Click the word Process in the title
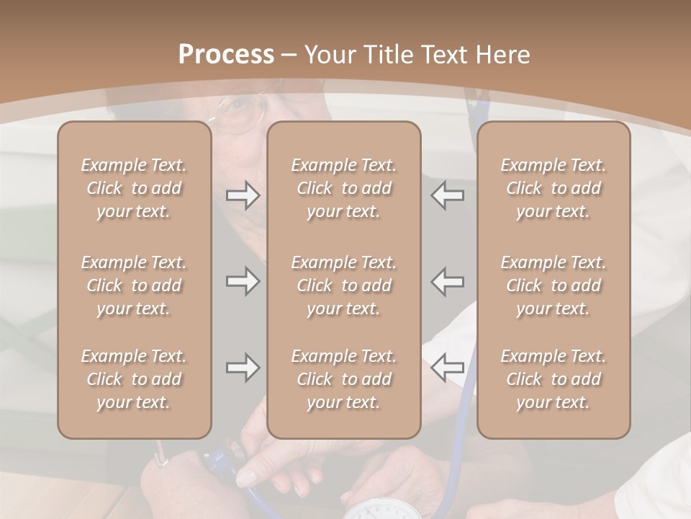(226, 54)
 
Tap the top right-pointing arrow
(243, 195)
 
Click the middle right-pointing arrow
(243, 280)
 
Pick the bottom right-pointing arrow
(243, 368)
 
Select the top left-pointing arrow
(447, 195)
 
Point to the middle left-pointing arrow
(447, 280)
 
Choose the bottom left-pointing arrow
(447, 368)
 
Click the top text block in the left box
(134, 188)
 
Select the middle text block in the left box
(134, 285)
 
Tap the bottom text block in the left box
(134, 379)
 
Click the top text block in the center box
(343, 188)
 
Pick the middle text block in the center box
(343, 285)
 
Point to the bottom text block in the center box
(343, 379)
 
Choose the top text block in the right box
(553, 188)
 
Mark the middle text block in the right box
(553, 285)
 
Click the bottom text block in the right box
(553, 379)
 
